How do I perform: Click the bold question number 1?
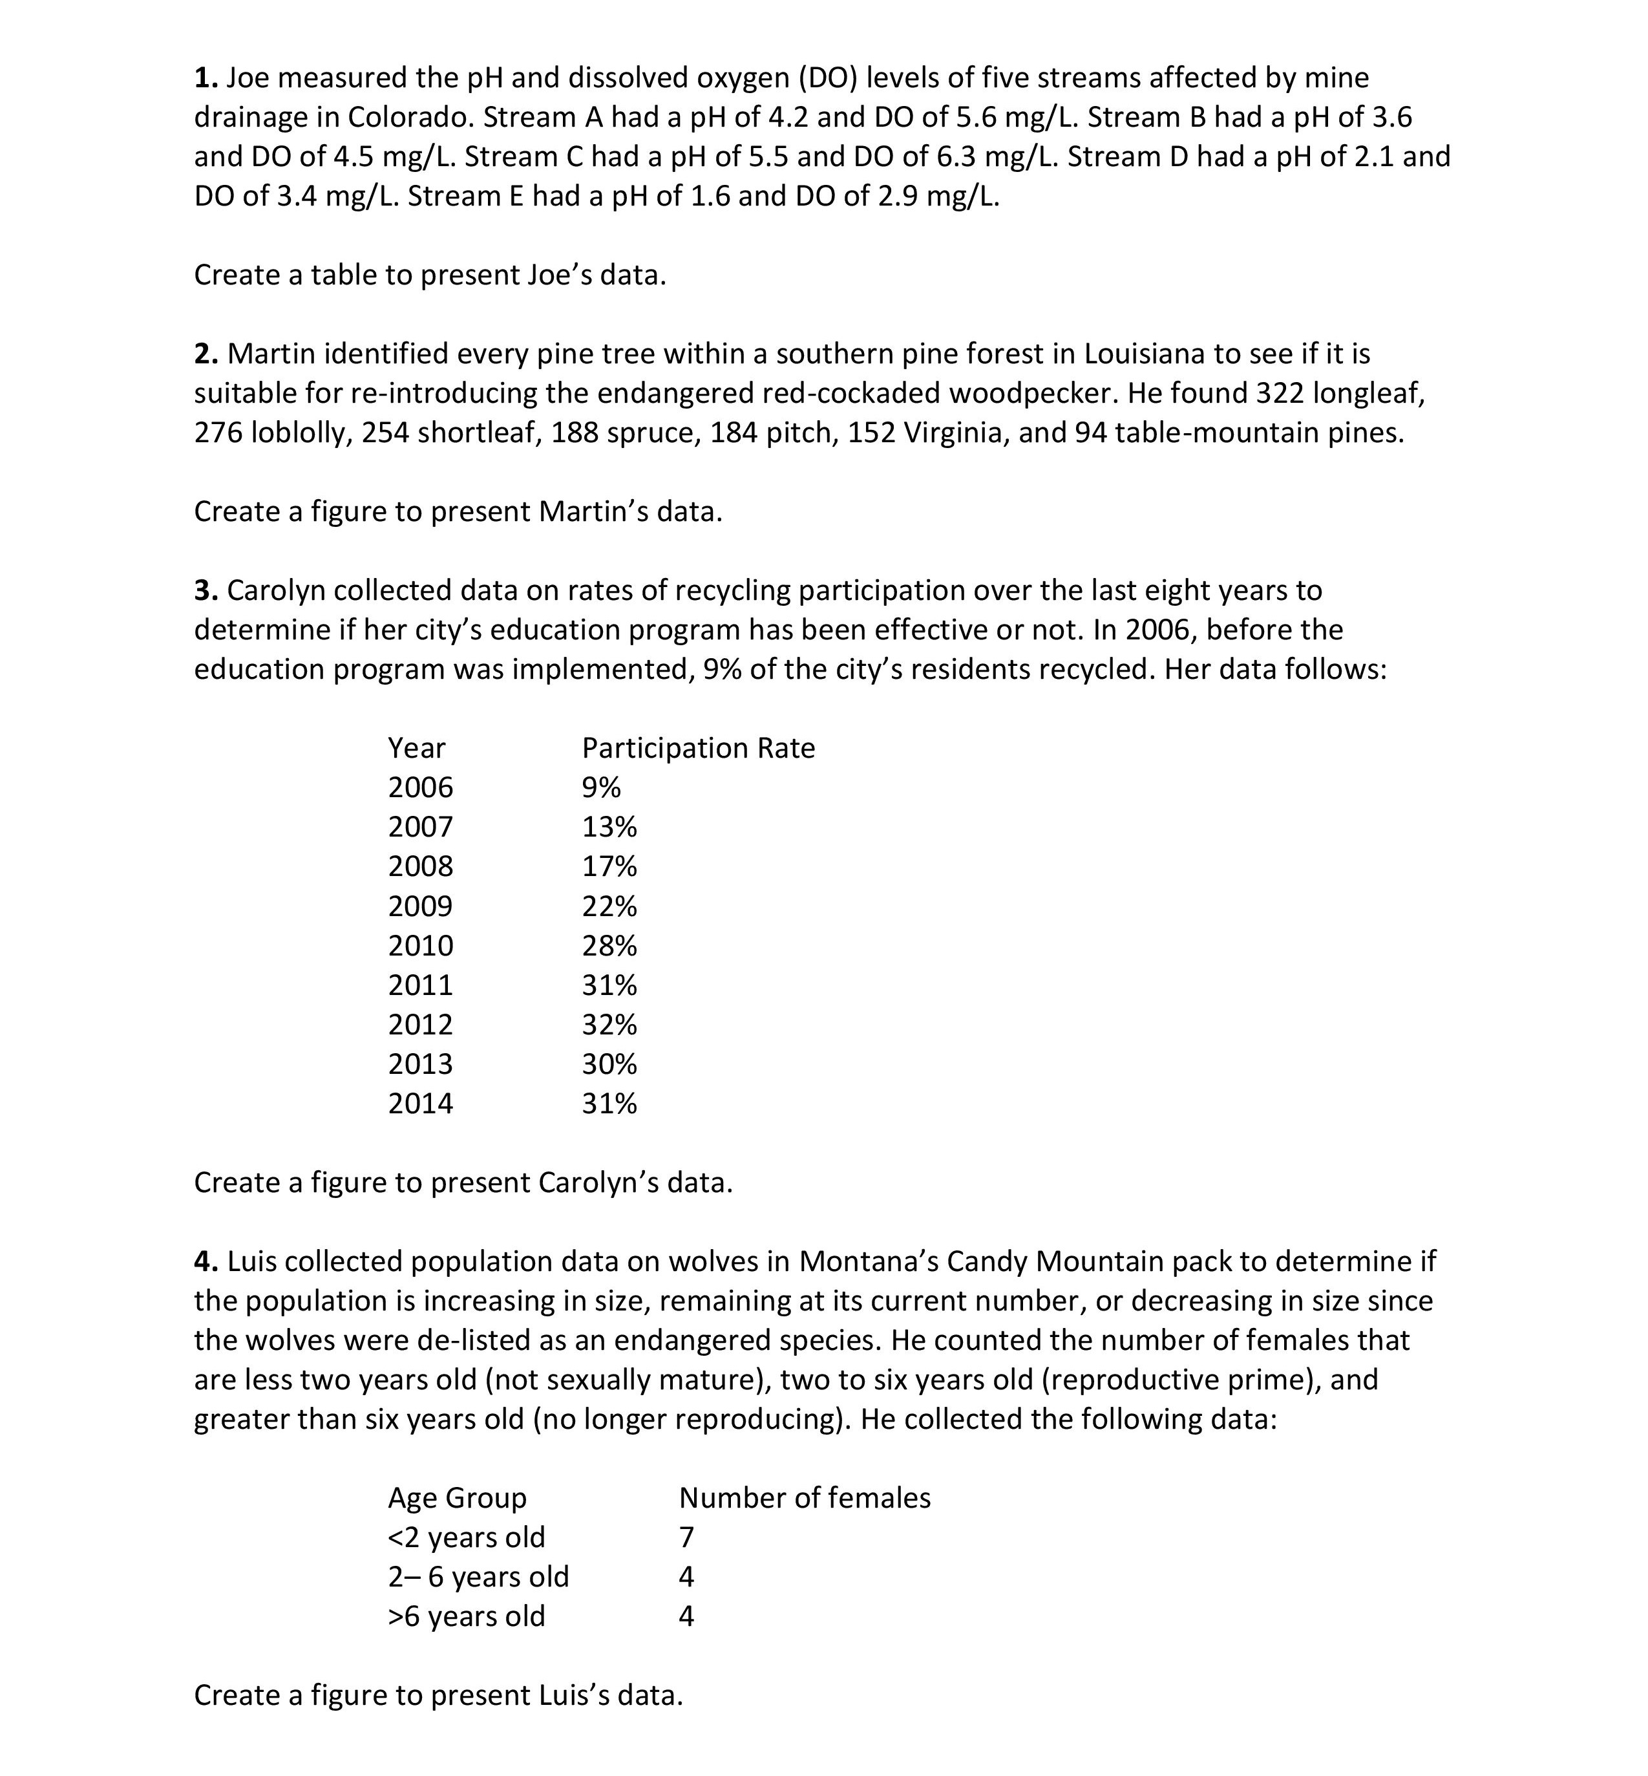205,78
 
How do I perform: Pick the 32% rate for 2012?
609,1025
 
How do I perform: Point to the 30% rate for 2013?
609,1065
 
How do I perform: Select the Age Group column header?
456,1499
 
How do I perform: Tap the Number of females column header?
805,1499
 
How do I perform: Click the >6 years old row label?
465,1617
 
